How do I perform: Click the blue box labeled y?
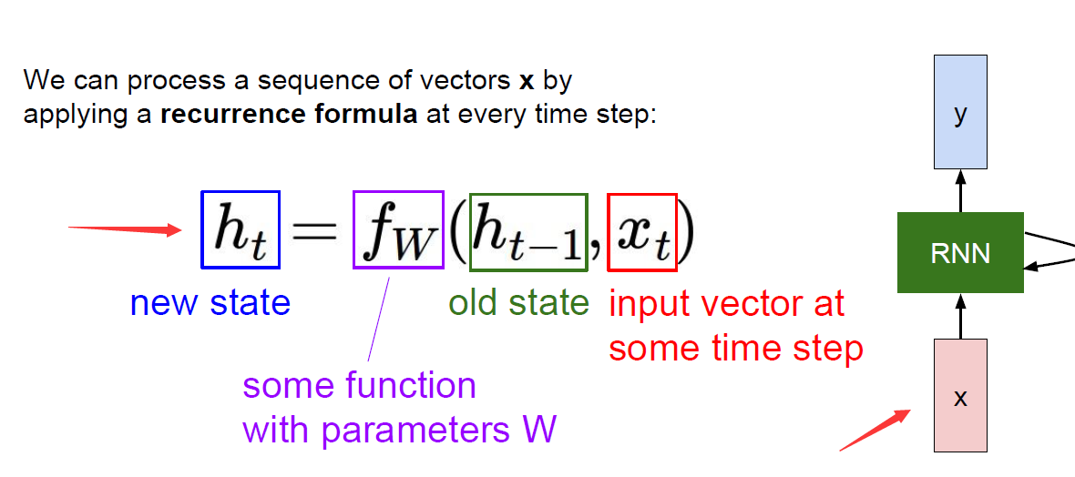coord(960,112)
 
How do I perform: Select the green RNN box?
coord(960,252)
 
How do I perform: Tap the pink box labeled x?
coord(960,395)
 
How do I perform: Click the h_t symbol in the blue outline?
coord(240,230)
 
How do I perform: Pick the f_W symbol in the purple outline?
coord(397,230)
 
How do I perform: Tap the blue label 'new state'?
coord(210,303)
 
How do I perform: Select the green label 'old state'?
coord(518,303)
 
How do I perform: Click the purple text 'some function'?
coord(359,386)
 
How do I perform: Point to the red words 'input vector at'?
coord(726,304)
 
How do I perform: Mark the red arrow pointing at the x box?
coord(875,431)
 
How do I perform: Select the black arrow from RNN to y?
coord(960,191)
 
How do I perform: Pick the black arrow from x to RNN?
coord(960,315)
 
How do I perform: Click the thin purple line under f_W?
coord(380,319)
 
